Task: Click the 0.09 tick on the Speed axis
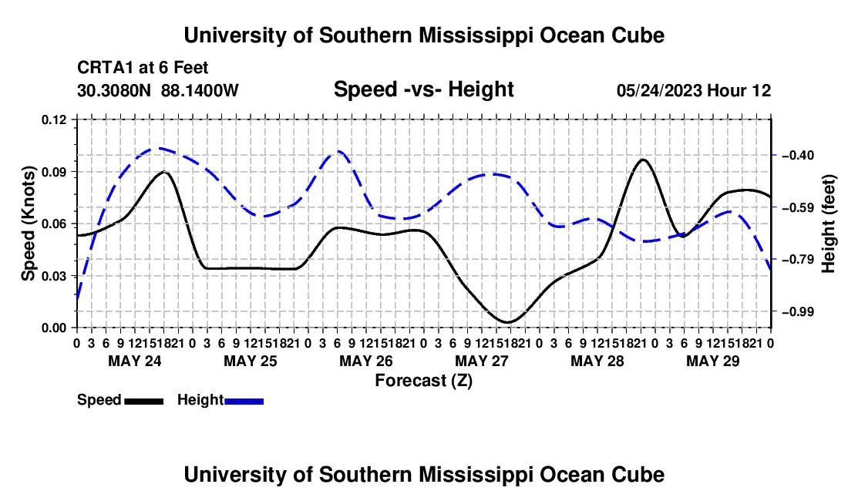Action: [x=75, y=172]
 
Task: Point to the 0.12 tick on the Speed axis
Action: [x=75, y=119]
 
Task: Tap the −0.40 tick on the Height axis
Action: [x=773, y=155]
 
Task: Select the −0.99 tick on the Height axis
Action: [x=773, y=311]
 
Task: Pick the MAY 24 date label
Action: [x=135, y=361]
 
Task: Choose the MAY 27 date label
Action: [x=482, y=361]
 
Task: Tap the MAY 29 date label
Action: [x=713, y=361]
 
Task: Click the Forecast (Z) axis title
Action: [x=423, y=381]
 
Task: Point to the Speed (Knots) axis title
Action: [x=28, y=224]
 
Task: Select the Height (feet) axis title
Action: [x=829, y=224]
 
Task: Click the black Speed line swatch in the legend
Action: [x=144, y=401]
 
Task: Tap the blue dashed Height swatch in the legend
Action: [x=244, y=401]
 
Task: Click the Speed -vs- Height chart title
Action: [x=423, y=89]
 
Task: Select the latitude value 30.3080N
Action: [x=113, y=90]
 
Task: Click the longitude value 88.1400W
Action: [x=200, y=90]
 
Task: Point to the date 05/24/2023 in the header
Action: [x=659, y=90]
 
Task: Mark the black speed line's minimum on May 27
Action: [x=506, y=323]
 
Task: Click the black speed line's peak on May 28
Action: [x=642, y=160]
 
